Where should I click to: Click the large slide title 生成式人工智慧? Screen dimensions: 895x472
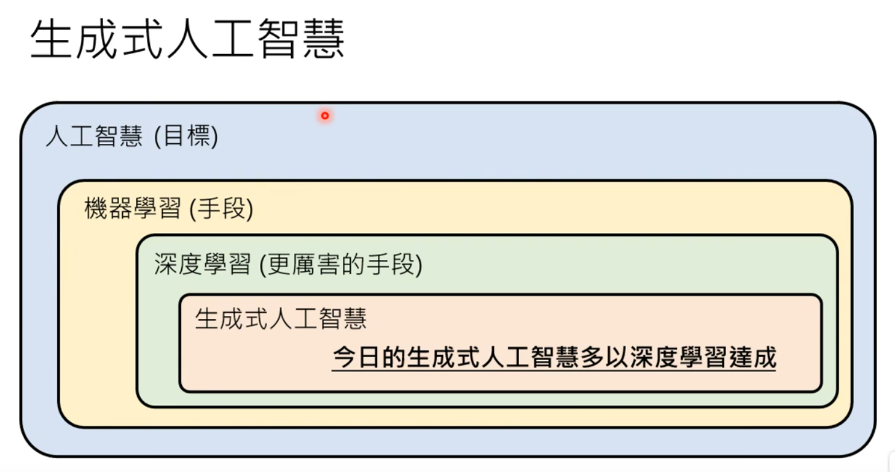(x=187, y=40)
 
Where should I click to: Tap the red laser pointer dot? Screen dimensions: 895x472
(x=325, y=116)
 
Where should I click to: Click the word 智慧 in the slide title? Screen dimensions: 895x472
(x=300, y=40)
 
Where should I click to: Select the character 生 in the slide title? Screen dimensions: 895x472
(x=51, y=40)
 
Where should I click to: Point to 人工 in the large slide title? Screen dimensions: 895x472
(x=210, y=40)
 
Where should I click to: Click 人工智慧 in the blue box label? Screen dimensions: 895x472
(x=94, y=136)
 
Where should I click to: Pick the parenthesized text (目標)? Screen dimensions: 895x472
(x=186, y=136)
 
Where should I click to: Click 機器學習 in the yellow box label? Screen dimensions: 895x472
(x=133, y=210)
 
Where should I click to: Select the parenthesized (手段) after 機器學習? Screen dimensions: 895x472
(x=222, y=210)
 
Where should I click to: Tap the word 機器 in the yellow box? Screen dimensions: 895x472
(x=108, y=210)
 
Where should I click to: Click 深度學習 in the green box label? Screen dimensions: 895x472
(x=203, y=265)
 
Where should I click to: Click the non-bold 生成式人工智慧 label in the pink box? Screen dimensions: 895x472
(x=281, y=318)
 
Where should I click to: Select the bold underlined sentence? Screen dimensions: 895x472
(x=554, y=357)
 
